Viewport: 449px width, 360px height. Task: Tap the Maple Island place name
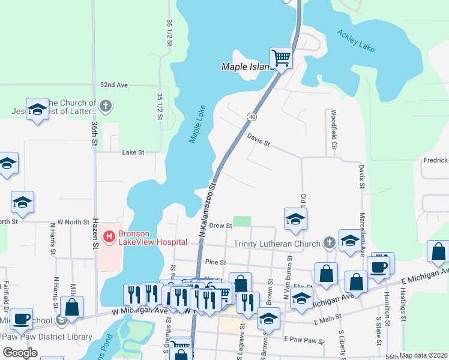(247, 67)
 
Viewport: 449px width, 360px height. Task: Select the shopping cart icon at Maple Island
(281, 58)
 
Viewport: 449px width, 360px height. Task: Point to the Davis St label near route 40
(259, 140)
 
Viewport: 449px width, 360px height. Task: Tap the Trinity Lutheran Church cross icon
(328, 243)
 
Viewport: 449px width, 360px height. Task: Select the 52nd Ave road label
(114, 86)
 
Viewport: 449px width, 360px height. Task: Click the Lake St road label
(133, 153)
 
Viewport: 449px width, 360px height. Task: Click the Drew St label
(220, 226)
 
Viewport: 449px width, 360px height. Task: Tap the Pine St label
(214, 263)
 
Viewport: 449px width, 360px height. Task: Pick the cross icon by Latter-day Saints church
(106, 107)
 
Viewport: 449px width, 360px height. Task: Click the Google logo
(20, 353)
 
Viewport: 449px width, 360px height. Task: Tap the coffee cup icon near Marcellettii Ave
(378, 267)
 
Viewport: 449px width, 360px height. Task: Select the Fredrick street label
(435, 160)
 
